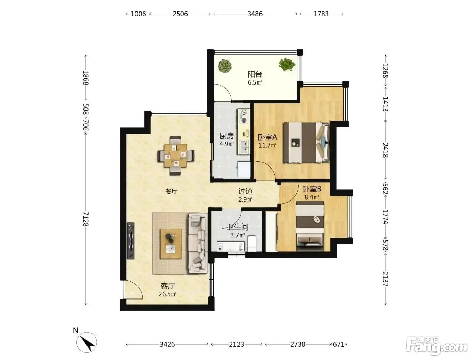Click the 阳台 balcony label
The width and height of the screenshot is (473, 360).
pos(255,74)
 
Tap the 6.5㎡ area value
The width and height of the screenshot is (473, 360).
pos(255,82)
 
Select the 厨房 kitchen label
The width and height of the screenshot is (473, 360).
pos(226,136)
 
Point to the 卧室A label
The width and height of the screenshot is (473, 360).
pos(268,137)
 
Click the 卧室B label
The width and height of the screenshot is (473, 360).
pos(312,189)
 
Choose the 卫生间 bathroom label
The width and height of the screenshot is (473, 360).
pos(238,227)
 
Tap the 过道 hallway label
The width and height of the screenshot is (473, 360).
pos(245,191)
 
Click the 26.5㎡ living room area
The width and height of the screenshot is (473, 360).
pos(168,294)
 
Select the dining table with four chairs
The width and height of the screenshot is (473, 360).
pos(176,155)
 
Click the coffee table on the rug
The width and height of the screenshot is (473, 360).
pos(171,244)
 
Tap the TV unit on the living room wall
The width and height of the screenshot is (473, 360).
pos(131,241)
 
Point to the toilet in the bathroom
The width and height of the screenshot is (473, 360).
pos(252,244)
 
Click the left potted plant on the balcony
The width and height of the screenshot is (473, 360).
pos(225,66)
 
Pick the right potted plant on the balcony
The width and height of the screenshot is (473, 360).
pos(287,64)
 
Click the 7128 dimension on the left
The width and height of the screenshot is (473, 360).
pos(86,219)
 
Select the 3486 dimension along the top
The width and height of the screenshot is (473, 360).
pos(255,14)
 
